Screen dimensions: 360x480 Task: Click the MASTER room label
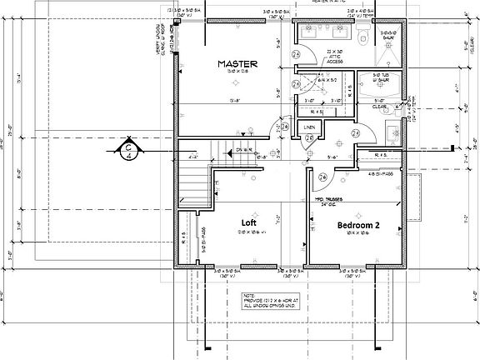pos(237,64)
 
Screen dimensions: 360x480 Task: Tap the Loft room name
pos(248,223)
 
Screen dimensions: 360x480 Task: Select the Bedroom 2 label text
pos(359,226)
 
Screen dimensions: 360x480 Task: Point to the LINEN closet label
pos(308,127)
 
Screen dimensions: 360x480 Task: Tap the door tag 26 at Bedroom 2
pos(323,176)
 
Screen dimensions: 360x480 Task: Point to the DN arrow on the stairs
pos(242,150)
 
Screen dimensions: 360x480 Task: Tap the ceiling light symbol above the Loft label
pos(250,202)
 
